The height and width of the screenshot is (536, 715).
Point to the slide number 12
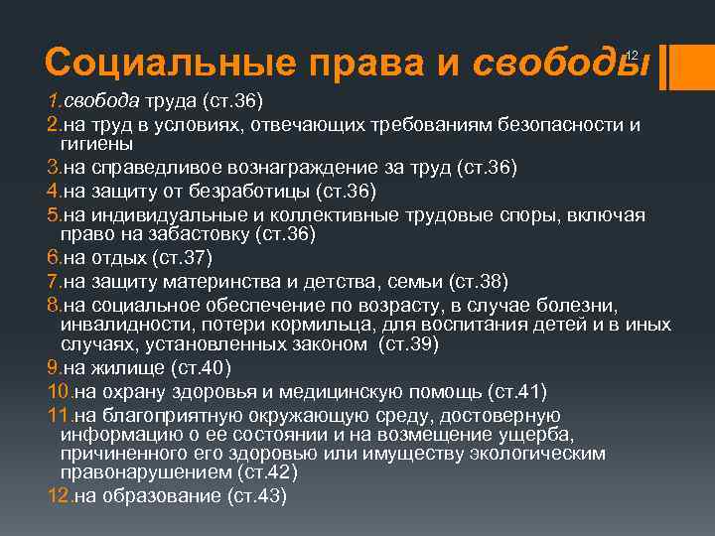pyautogui.click(x=630, y=56)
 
